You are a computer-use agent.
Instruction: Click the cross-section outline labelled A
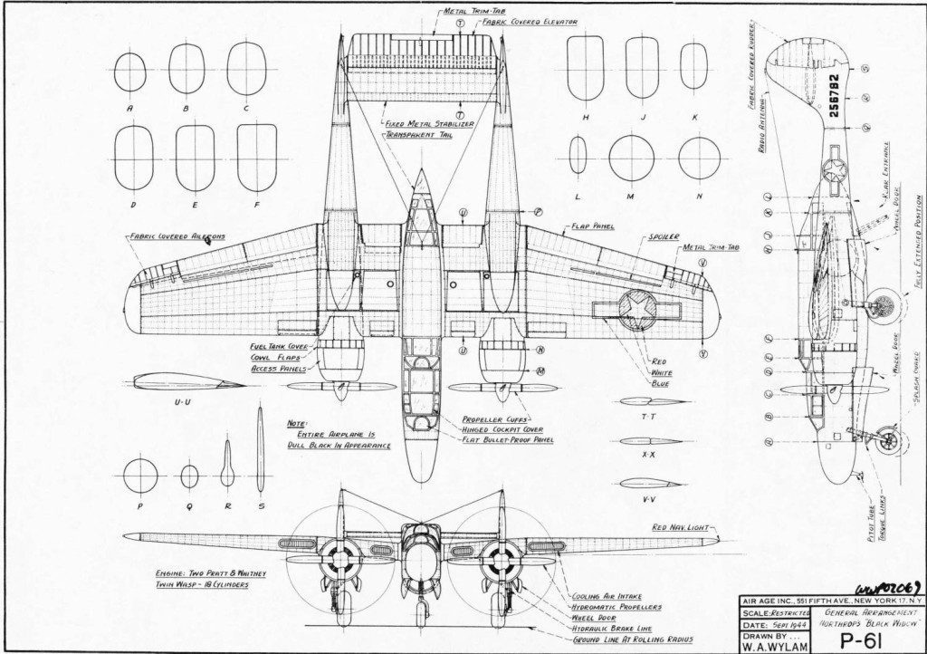pyautogui.click(x=130, y=72)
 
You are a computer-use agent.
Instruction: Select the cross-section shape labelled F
pyautogui.click(x=256, y=158)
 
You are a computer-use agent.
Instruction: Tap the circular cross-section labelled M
pyautogui.click(x=631, y=159)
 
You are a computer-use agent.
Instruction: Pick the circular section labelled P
pyautogui.click(x=140, y=476)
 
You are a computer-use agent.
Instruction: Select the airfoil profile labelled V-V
pyautogui.click(x=648, y=484)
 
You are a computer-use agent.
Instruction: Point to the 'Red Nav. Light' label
pyautogui.click(x=683, y=527)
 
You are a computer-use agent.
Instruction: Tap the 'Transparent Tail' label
pyautogui.click(x=417, y=133)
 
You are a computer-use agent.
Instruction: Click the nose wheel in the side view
pyautogui.click(x=888, y=441)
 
